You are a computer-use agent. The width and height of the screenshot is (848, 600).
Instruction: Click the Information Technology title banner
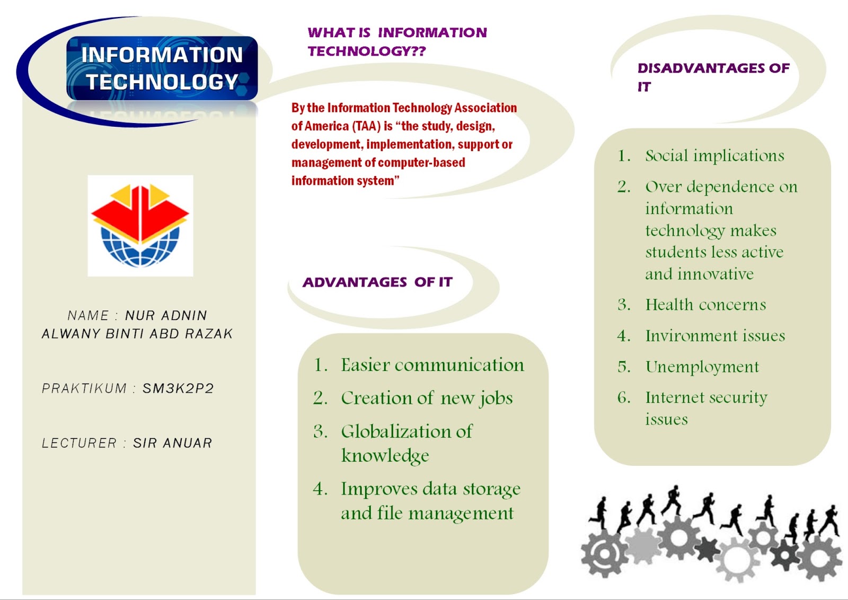[x=162, y=68]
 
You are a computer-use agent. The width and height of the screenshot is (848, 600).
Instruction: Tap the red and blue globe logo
[x=140, y=225]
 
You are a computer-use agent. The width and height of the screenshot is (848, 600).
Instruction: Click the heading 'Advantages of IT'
[x=377, y=282]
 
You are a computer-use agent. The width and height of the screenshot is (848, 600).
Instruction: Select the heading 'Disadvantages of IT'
[x=713, y=77]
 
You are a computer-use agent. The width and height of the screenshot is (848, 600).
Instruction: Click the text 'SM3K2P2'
[x=178, y=388]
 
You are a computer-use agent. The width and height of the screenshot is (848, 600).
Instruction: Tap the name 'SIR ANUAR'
[x=172, y=442]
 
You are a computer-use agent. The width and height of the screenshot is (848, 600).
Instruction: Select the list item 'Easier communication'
[x=432, y=365]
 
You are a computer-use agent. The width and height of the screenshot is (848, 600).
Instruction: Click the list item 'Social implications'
[x=715, y=156]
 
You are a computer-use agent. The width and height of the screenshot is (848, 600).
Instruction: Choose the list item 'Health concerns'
[x=705, y=305]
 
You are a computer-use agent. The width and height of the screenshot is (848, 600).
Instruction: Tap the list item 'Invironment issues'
[x=715, y=336]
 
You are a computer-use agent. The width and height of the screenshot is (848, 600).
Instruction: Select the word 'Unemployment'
[x=702, y=367]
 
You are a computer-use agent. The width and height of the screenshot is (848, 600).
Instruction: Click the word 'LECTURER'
[x=79, y=442]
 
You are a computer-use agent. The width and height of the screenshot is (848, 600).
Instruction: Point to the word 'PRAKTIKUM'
[x=84, y=388]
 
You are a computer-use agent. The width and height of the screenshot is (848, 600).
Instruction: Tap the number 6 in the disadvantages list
[x=621, y=397]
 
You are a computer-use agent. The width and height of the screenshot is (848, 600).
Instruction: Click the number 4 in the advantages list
[x=318, y=489]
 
